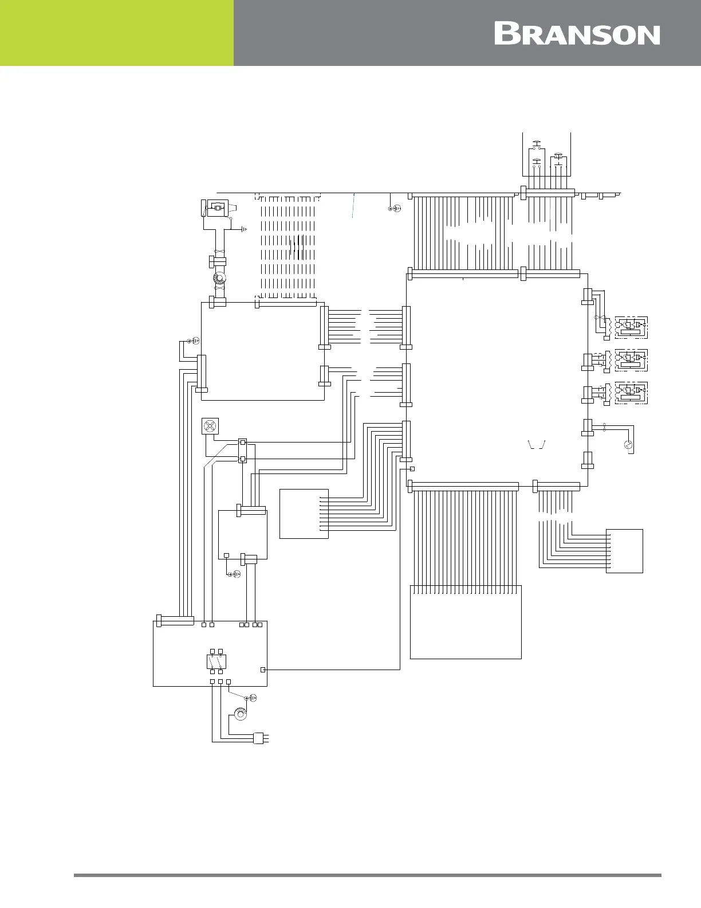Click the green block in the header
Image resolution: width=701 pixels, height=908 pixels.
117,33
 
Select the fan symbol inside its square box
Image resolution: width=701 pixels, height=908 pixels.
210,426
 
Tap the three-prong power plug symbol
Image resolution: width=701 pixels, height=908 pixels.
261,738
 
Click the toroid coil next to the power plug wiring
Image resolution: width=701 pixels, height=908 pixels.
240,714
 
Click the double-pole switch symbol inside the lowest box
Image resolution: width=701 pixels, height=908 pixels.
216,662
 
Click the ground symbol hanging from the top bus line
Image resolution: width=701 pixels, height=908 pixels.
395,208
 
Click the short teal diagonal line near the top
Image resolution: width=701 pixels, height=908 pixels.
353,205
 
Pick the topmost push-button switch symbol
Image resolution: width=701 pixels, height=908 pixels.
537,145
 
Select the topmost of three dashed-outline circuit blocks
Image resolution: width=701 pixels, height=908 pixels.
631,327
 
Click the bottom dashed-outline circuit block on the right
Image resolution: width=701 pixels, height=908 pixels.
631,393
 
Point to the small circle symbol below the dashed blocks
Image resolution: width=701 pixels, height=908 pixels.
628,445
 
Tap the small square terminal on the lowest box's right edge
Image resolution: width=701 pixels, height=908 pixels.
263,670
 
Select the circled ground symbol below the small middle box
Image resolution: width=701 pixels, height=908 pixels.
234,574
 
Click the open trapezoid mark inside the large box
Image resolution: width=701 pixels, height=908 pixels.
537,445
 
